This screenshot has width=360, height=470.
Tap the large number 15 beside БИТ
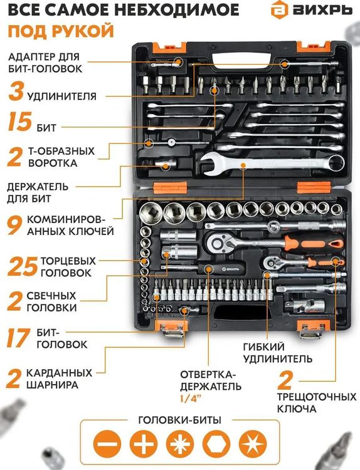point(20,122)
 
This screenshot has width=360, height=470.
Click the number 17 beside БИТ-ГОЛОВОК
point(19,337)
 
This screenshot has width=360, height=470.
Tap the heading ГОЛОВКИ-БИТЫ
point(179,419)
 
